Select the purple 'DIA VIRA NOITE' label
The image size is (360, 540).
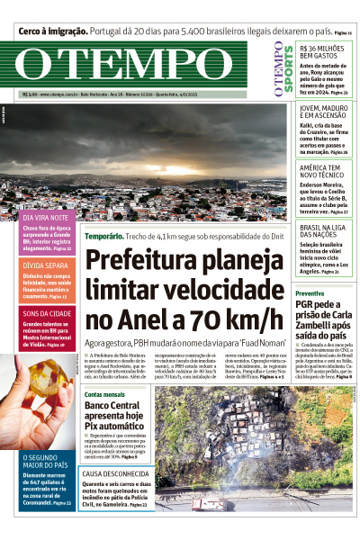tap(45, 218)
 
